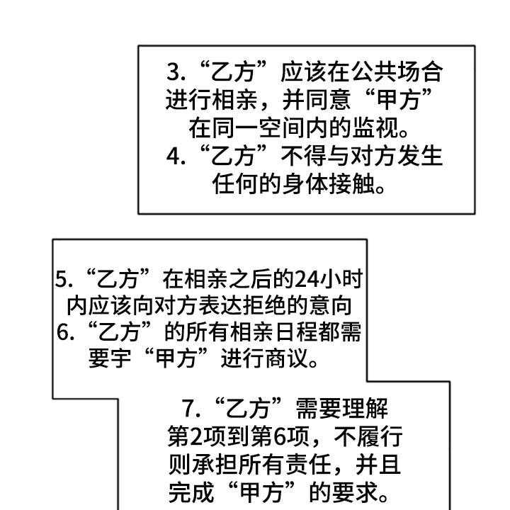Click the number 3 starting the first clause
174,72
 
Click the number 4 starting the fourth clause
174,157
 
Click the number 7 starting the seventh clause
188,409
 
